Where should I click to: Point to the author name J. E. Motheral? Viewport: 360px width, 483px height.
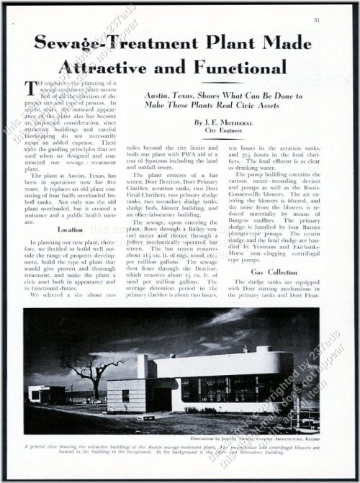click(x=222, y=123)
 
